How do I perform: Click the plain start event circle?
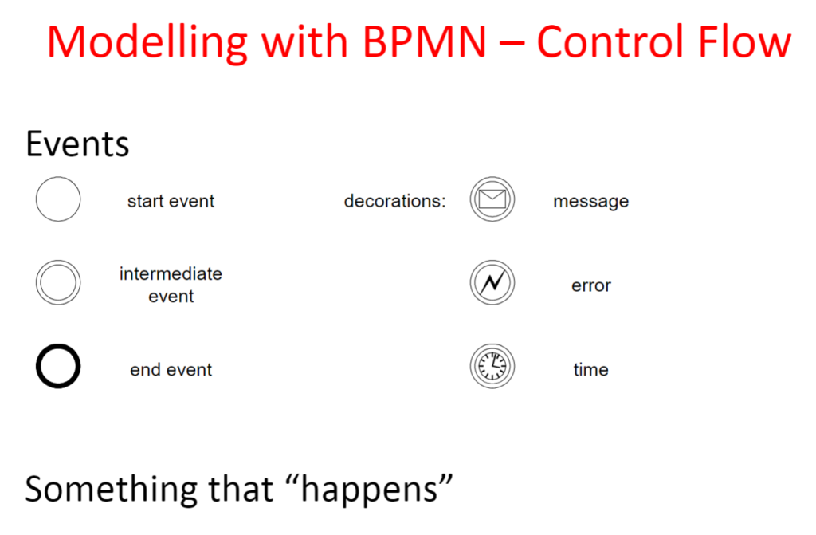click(x=37, y=199)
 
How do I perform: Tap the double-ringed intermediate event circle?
click(x=37, y=282)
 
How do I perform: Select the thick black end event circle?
click(x=38, y=366)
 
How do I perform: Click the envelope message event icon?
click(x=492, y=199)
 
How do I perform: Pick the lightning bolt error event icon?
click(x=492, y=282)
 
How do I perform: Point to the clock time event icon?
click(x=492, y=366)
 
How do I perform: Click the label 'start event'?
click(x=171, y=201)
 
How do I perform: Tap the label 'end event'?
click(x=171, y=370)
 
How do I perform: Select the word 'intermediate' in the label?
click(x=171, y=273)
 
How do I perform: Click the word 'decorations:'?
click(x=395, y=201)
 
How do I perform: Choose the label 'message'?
click(x=590, y=202)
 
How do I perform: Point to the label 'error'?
click(x=590, y=285)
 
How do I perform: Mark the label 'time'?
click(x=590, y=369)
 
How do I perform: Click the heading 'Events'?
click(x=77, y=144)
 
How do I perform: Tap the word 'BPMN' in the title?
click(x=424, y=41)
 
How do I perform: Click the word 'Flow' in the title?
click(x=745, y=41)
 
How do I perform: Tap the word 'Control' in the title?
click(x=612, y=41)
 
